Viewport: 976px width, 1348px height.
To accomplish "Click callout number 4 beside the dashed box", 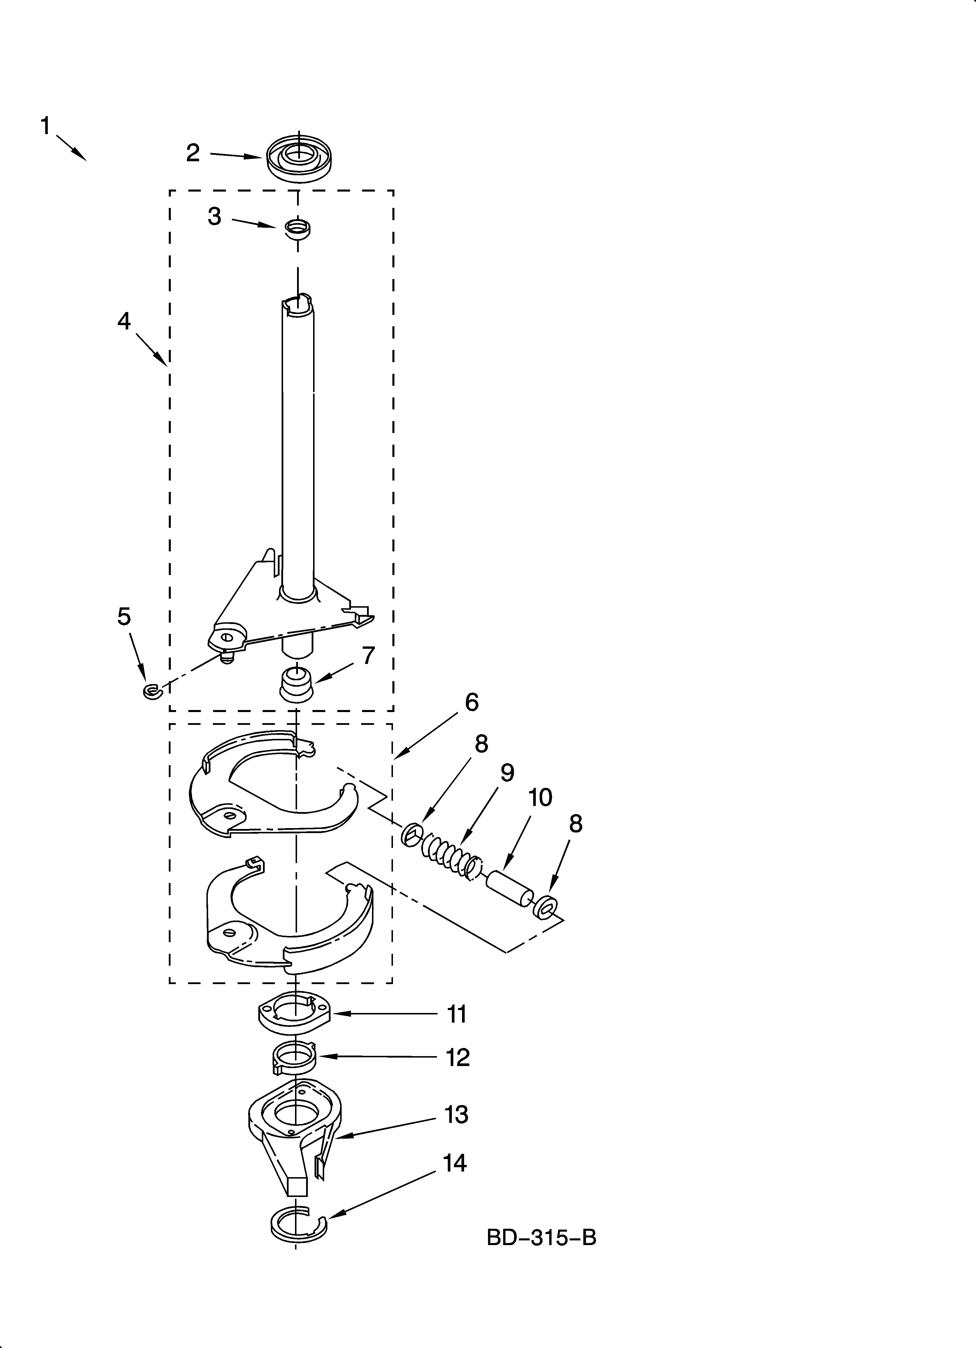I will click(124, 321).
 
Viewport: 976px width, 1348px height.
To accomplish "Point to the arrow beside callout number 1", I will click(72, 148).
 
